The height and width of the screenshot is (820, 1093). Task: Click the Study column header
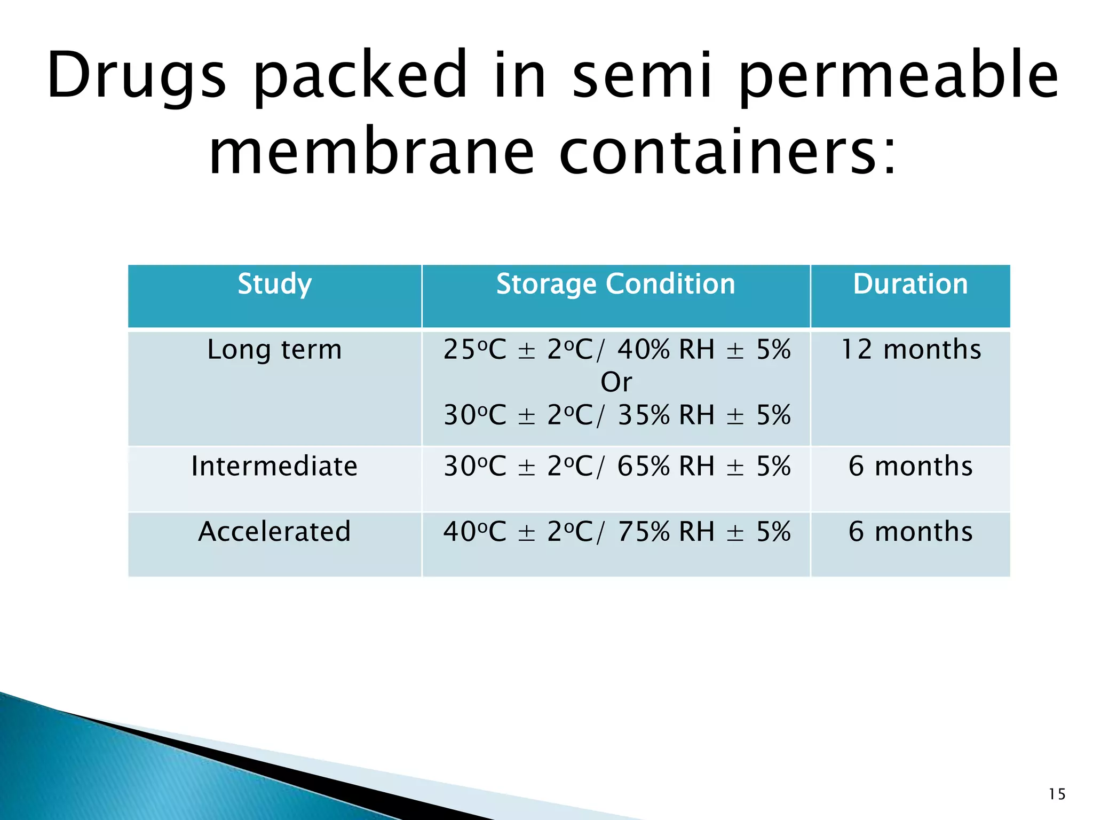tap(274, 284)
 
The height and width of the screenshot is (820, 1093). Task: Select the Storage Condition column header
tap(615, 284)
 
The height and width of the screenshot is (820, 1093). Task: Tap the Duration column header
tap(910, 284)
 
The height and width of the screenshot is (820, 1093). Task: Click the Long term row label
tap(274, 350)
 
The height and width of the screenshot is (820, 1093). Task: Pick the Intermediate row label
tap(274, 466)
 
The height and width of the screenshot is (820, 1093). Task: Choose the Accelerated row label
tap(274, 532)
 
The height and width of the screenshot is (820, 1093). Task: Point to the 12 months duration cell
tap(910, 350)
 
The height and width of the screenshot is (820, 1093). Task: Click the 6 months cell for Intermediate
tap(910, 466)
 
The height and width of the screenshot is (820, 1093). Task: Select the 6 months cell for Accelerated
tap(910, 532)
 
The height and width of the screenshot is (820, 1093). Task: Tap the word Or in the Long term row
tap(616, 382)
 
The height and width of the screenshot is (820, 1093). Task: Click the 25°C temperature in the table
tap(474, 350)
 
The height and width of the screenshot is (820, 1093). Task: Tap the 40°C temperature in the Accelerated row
tap(474, 532)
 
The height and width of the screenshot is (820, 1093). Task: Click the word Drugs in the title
tap(137, 76)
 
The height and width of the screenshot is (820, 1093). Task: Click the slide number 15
tap(1057, 794)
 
